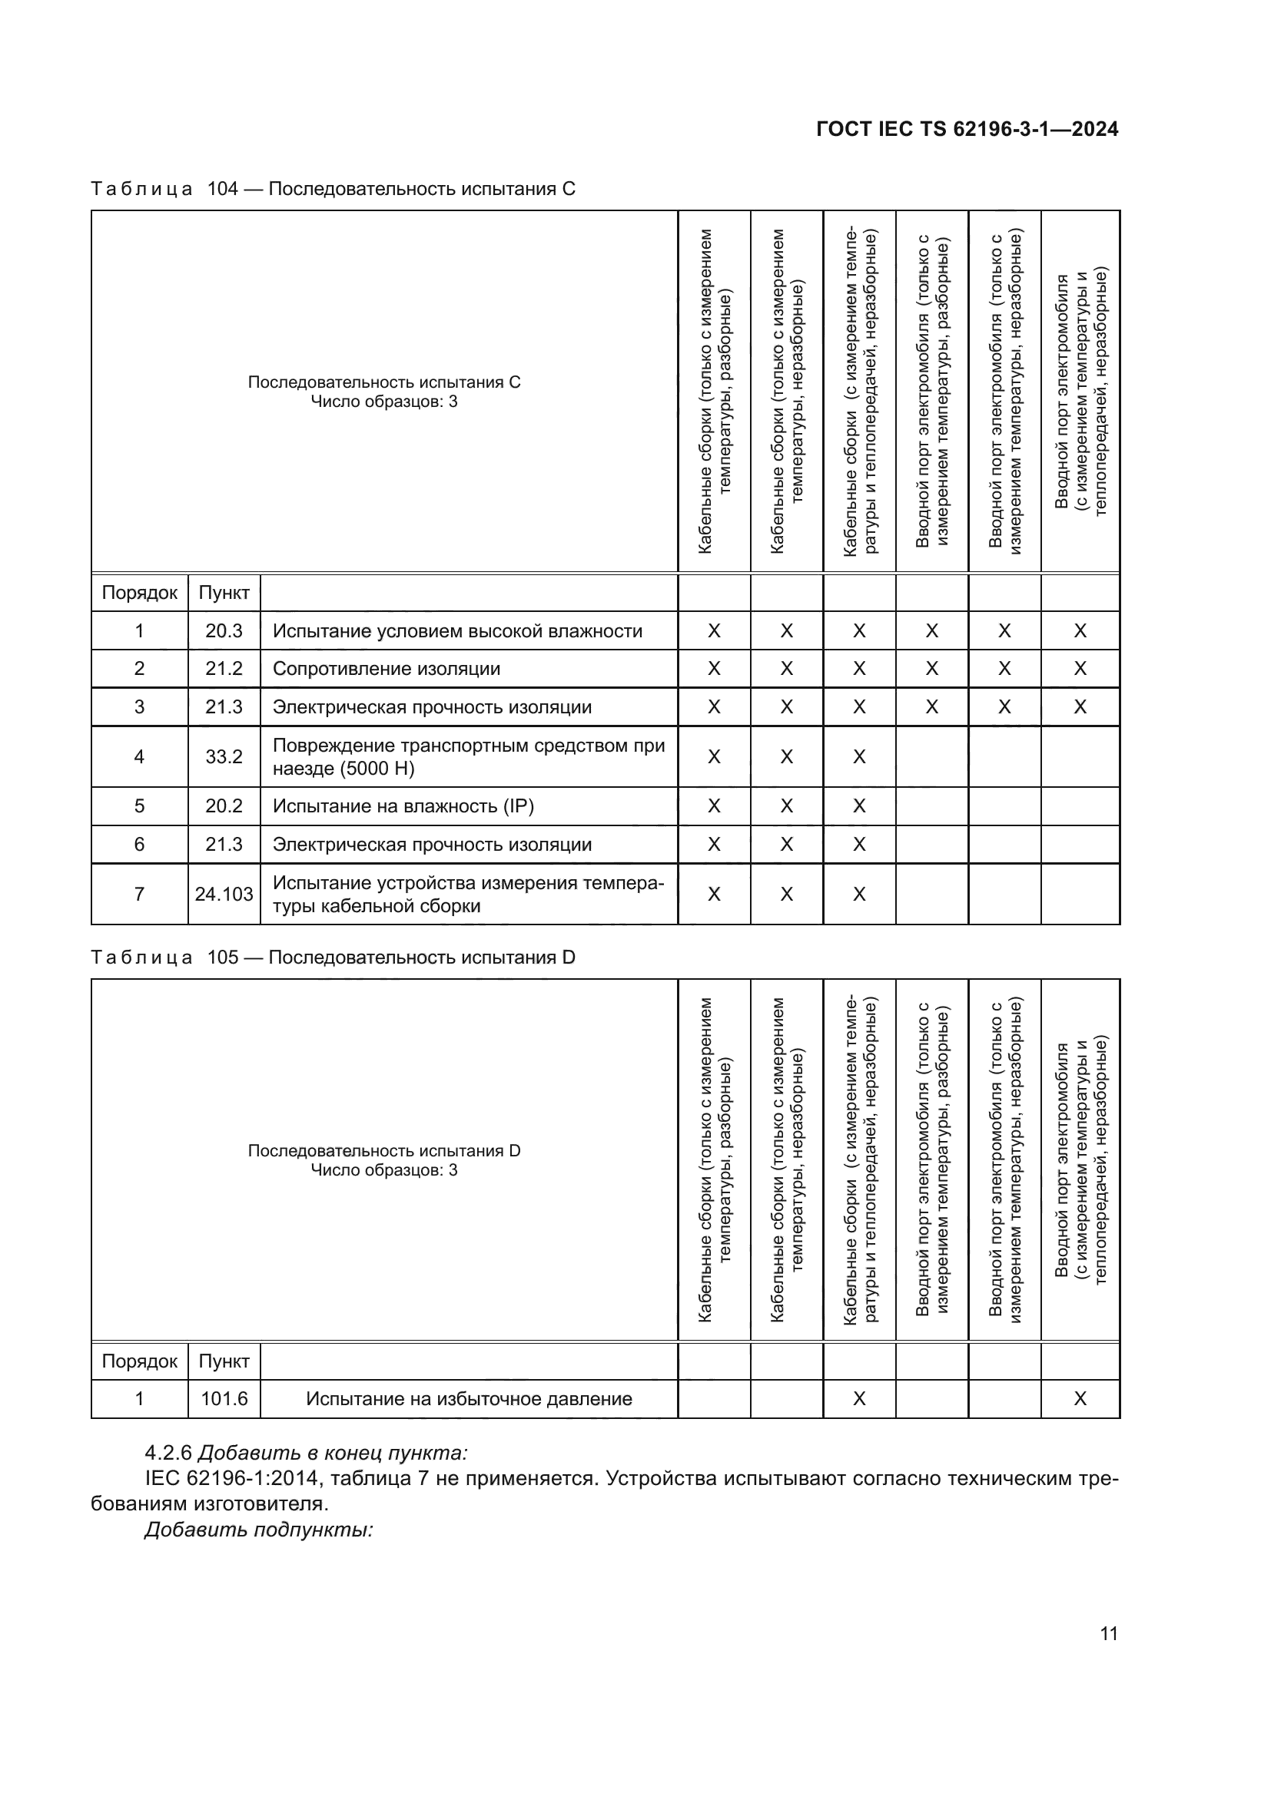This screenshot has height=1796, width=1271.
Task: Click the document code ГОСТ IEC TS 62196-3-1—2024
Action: (x=967, y=129)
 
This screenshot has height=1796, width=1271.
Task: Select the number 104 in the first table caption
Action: (x=222, y=189)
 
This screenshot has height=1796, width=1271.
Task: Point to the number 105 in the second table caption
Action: (x=222, y=957)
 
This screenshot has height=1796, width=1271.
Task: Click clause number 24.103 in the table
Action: (x=224, y=894)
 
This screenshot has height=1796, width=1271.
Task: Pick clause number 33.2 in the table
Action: (x=224, y=756)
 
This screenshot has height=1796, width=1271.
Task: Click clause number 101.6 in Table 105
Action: (x=224, y=1397)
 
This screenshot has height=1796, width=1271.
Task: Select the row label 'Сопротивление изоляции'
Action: (x=386, y=669)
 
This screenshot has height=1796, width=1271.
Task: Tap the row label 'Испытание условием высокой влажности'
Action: (x=457, y=631)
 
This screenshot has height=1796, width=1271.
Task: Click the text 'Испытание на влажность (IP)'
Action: (x=403, y=805)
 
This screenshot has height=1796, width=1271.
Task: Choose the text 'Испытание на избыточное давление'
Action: (x=469, y=1397)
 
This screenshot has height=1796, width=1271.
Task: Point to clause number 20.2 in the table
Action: (x=224, y=805)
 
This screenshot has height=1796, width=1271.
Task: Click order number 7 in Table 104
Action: (x=139, y=894)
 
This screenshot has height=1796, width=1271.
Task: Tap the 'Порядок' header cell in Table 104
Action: (x=139, y=593)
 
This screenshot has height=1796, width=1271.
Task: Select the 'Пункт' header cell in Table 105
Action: (x=224, y=1361)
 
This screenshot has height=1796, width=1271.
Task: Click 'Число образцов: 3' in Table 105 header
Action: (x=383, y=1170)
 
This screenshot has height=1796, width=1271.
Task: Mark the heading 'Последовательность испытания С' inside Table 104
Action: (x=383, y=382)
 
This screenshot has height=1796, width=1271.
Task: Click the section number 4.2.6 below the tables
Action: (x=168, y=1453)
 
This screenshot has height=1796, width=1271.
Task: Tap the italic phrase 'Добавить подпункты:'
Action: (x=258, y=1530)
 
